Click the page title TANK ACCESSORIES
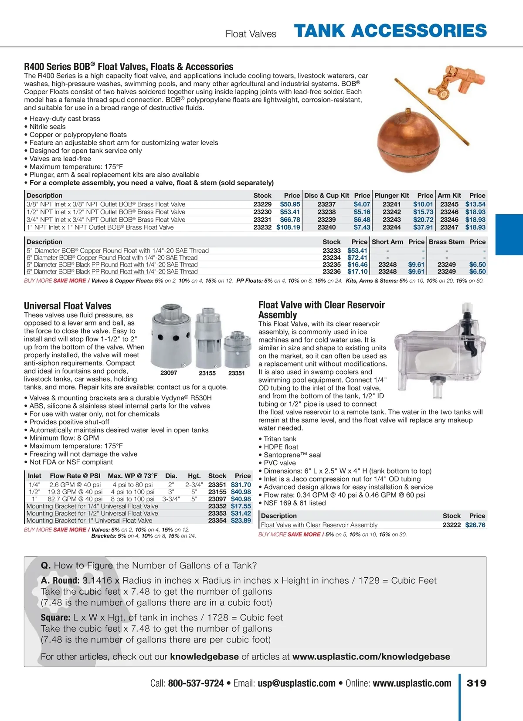point(390,31)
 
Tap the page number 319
point(476,683)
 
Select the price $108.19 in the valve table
point(288,227)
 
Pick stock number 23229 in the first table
point(262,204)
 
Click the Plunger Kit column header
point(392,196)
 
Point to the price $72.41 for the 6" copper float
point(357,257)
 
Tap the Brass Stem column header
point(446,242)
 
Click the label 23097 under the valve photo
point(169,373)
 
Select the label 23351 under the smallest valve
point(236,373)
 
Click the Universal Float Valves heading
point(68,306)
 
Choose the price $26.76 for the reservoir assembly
point(475,525)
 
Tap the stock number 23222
point(452,525)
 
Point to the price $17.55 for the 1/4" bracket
point(241,506)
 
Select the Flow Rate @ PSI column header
point(75,476)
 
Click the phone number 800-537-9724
point(196,683)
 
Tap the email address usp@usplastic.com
point(296,683)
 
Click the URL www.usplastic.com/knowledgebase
point(371,657)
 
